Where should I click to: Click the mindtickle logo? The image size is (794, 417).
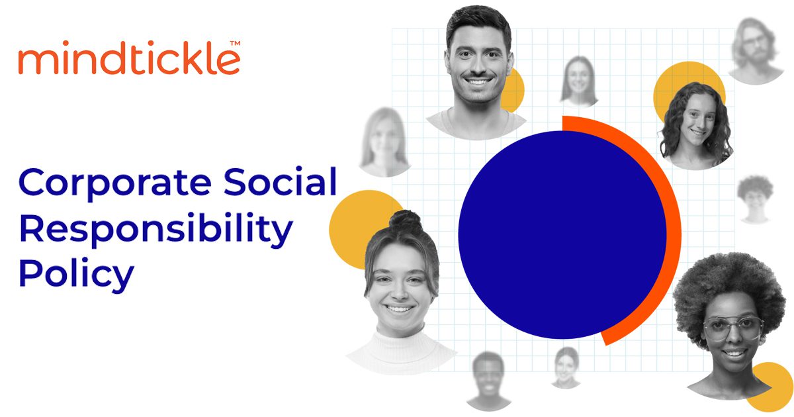[130, 58]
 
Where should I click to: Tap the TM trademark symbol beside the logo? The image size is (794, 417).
[235, 43]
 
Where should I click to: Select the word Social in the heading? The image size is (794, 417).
[280, 181]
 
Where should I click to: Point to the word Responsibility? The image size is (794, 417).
[156, 229]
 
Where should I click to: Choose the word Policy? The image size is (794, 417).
[77, 274]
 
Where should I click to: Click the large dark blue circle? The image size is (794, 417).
[562, 235]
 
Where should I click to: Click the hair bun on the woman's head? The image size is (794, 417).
[406, 221]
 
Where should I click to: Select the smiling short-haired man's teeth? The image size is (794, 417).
[478, 82]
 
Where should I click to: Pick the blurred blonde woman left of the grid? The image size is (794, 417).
[384, 142]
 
